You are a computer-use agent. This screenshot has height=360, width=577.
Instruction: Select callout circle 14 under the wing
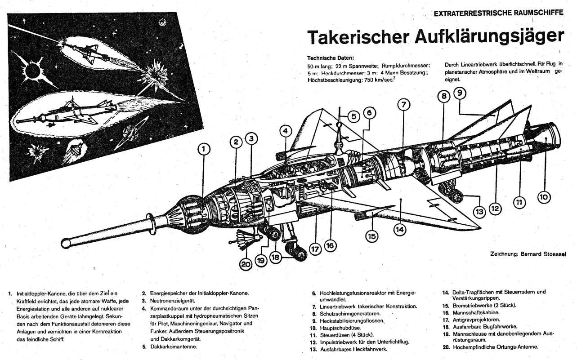(400, 229)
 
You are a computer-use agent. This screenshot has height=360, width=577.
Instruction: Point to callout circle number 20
(246, 265)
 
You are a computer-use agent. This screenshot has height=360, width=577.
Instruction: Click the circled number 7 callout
(403, 104)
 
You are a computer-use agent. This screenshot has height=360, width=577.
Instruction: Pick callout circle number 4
(285, 131)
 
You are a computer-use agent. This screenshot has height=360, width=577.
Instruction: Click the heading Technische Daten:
(331, 58)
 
